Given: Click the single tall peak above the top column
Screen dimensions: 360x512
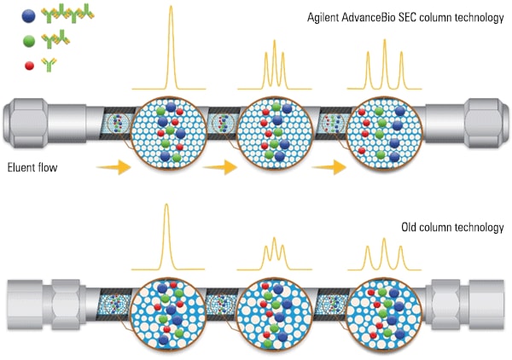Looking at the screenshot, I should point(172,47).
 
